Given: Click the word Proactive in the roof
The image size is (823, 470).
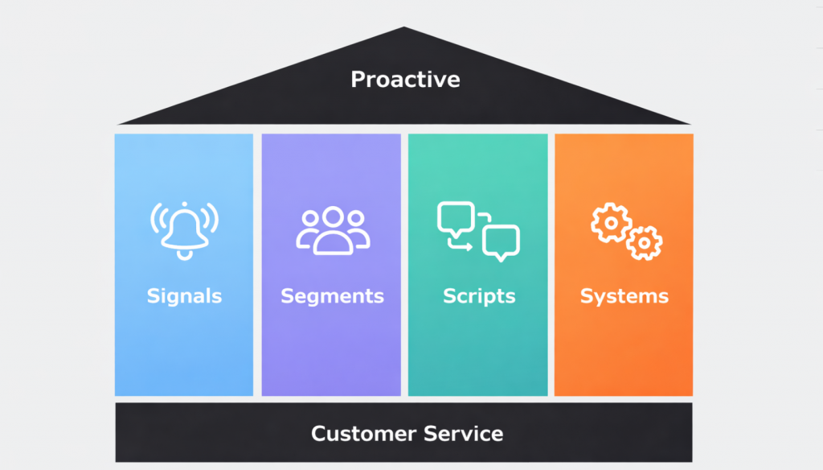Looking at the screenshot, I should (405, 80).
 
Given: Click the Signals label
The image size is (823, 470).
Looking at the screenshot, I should (184, 296).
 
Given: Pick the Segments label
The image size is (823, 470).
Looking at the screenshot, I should (332, 296).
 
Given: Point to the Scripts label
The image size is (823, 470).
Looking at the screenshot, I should (478, 296).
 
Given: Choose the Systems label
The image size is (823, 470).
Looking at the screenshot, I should (624, 296).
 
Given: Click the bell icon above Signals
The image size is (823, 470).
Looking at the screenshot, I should (184, 227).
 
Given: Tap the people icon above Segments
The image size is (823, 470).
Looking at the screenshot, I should (333, 232).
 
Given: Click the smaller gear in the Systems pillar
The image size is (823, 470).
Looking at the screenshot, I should (644, 242).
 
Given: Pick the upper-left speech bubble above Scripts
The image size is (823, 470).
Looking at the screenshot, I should (455, 218).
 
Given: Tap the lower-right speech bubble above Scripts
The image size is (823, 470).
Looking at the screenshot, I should (501, 241).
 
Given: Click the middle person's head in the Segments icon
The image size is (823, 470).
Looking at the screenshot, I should (333, 219).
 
